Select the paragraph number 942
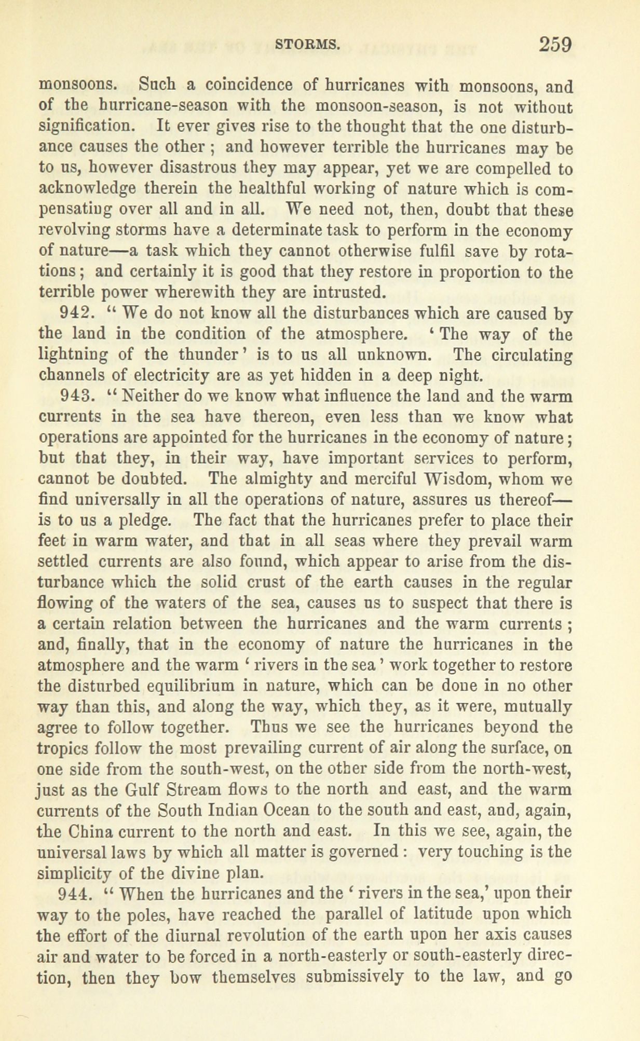(x=77, y=313)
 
